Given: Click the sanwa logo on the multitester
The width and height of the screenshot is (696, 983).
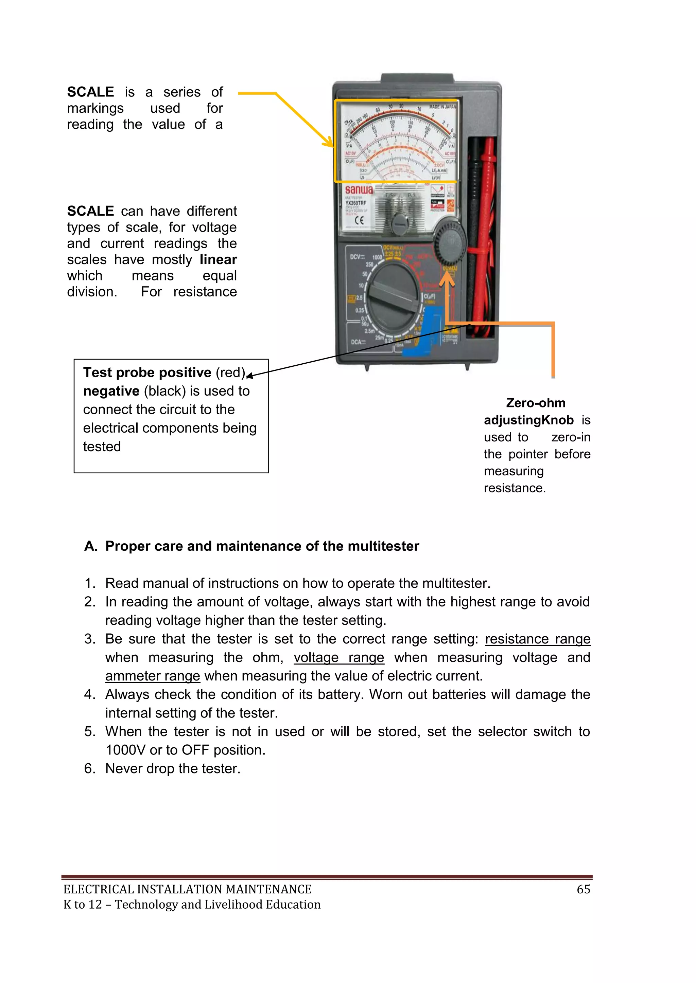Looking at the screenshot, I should [359, 190].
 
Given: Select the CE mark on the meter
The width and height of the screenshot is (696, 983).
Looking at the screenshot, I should [359, 220].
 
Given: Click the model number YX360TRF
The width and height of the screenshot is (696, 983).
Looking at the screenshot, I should [356, 203].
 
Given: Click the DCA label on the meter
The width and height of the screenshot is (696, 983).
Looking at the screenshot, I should [358, 342].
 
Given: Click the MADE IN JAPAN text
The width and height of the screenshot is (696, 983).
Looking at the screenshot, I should [443, 106].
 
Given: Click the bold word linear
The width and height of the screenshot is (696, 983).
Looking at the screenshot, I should [218, 259].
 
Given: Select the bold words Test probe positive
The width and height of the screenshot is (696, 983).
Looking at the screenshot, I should [147, 372].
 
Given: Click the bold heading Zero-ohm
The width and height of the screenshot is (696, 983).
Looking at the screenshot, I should [536, 403].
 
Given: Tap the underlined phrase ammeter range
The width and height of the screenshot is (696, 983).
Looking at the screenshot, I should [153, 676].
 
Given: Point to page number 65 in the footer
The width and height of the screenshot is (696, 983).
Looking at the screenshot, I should [583, 889].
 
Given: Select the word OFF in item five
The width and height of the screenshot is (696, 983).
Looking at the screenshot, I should [195, 750].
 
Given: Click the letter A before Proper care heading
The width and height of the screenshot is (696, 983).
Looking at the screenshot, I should [90, 546].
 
